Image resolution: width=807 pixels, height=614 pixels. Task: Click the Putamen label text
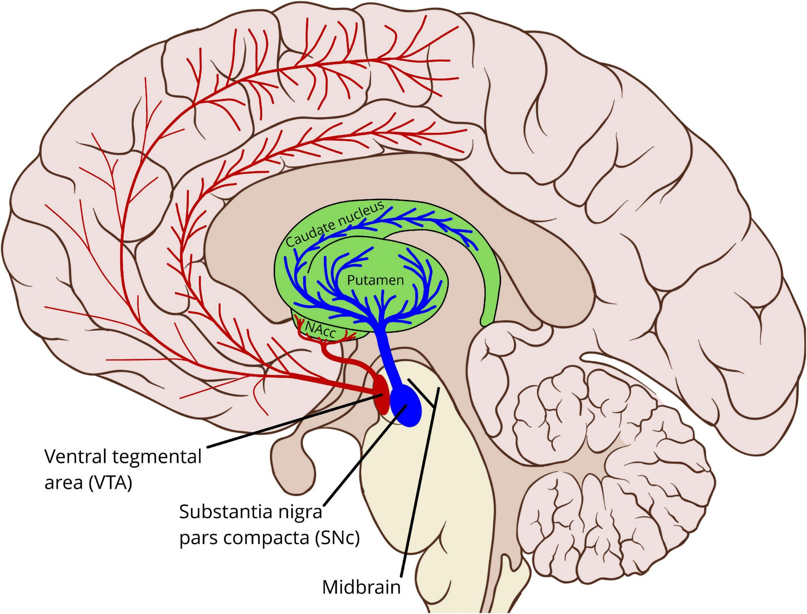(375, 280)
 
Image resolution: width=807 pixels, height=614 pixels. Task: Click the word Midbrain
(362, 587)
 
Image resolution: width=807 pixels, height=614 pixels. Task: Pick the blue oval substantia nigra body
(406, 406)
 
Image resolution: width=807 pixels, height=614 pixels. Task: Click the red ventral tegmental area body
(381, 394)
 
